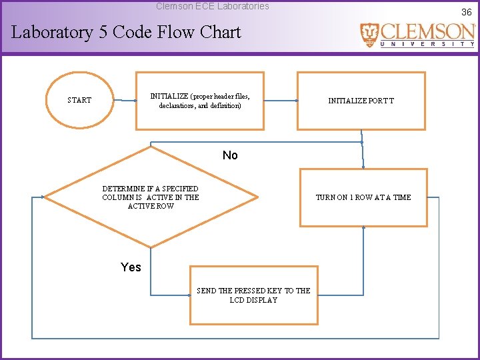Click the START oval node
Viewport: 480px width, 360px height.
click(79, 100)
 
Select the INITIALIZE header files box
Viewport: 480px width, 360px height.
click(200, 101)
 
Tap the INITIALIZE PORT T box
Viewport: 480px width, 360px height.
click(361, 101)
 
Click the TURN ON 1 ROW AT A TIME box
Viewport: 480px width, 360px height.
click(363, 197)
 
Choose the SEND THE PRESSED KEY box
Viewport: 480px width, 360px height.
click(253, 295)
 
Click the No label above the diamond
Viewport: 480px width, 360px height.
click(230, 155)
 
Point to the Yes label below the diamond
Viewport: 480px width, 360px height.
click(131, 267)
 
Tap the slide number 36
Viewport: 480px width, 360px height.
click(466, 12)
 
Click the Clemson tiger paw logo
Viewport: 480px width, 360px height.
click(369, 34)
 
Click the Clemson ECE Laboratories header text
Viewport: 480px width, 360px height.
click(213, 6)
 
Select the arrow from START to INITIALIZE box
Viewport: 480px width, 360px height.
click(124, 101)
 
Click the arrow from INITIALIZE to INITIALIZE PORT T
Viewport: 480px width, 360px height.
click(280, 101)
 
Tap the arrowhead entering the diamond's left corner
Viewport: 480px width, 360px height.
click(43, 197)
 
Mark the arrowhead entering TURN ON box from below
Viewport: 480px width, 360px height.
click(363, 228)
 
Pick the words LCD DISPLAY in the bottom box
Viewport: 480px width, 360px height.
click(253, 300)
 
